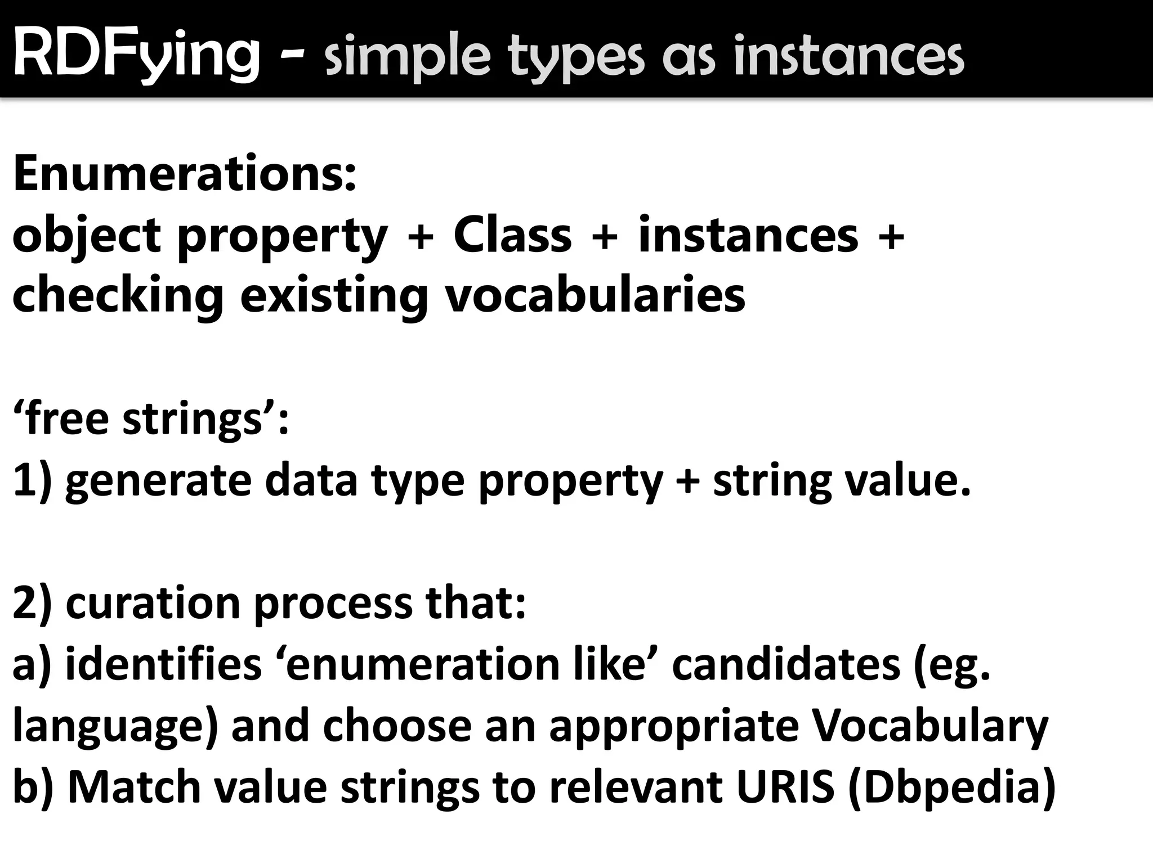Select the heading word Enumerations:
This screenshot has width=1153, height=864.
(x=185, y=174)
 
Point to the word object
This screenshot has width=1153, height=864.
(x=87, y=236)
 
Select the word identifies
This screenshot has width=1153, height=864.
(x=164, y=664)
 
